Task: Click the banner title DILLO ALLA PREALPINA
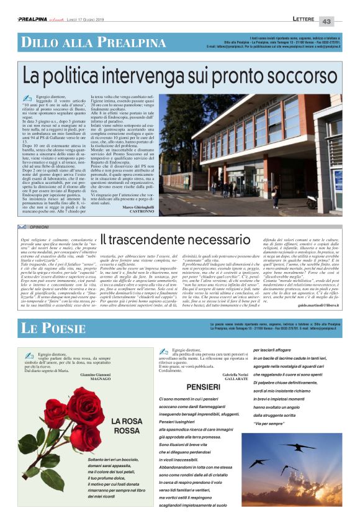tap(84, 42)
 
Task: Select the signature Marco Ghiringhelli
tap(140, 206)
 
